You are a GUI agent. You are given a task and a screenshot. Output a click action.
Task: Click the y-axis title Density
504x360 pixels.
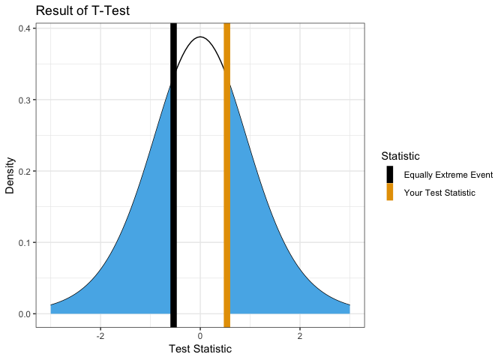[10, 175]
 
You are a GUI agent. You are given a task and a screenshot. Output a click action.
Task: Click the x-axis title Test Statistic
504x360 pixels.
[200, 349]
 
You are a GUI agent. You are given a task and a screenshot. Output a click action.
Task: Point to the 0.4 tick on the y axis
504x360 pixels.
[24, 28]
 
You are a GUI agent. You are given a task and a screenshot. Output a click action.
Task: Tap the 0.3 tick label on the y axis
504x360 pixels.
[24, 100]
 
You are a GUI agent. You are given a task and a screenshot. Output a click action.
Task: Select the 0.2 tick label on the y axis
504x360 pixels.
[24, 171]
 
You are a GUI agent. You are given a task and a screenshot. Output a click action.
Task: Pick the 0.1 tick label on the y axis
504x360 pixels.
[24, 242]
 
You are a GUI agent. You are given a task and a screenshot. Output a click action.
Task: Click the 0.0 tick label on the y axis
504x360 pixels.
[24, 313]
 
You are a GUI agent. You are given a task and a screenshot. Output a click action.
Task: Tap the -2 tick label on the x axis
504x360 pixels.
[100, 334]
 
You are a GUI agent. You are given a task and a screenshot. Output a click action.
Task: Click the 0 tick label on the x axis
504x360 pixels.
[200, 334]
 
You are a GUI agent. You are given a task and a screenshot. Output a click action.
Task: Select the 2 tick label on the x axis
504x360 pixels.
[300, 334]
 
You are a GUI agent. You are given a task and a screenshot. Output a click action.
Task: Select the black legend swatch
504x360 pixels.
[390, 175]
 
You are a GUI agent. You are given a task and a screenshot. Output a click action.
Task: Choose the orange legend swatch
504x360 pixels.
[390, 192]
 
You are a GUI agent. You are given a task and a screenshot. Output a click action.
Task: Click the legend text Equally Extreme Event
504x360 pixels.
[448, 175]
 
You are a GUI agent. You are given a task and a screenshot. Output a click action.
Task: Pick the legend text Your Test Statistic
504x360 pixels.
[439, 193]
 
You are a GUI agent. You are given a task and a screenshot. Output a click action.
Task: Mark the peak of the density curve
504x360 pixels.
[200, 37]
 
